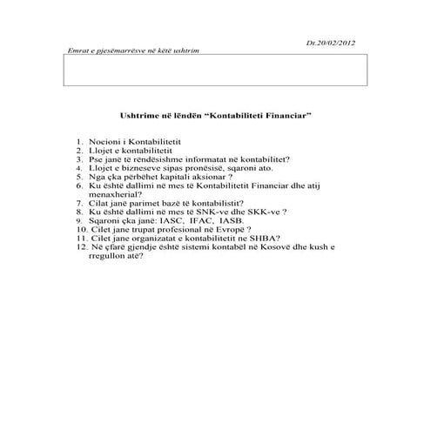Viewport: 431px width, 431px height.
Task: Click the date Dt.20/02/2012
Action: pyautogui.click(x=333, y=41)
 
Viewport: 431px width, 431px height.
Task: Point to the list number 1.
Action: pyautogui.click(x=78, y=140)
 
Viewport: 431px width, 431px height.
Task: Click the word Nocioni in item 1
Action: pyautogui.click(x=104, y=140)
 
